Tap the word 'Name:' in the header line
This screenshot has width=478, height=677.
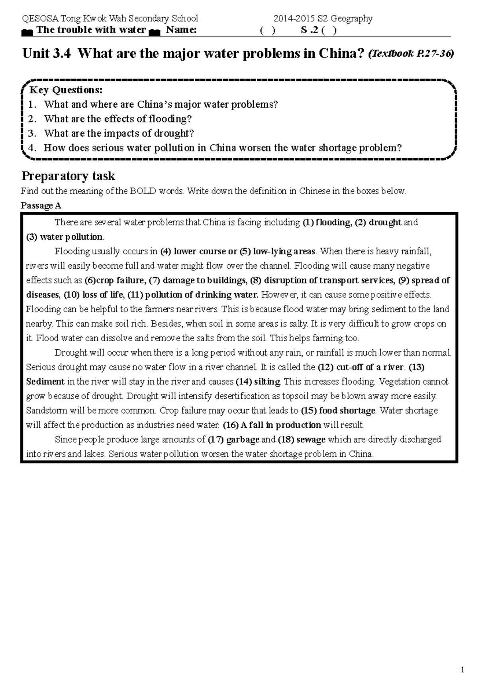[x=181, y=30]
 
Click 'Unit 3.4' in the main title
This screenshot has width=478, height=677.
[x=47, y=53]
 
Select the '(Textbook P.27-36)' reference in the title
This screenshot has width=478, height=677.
[x=411, y=54]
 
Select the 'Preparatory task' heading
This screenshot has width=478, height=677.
[x=68, y=176]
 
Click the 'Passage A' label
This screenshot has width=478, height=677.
[x=41, y=206]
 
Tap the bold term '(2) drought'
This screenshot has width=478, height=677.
[x=378, y=222]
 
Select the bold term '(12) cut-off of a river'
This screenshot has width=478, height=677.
[x=361, y=367]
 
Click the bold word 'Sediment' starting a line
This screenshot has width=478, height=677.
[x=45, y=382]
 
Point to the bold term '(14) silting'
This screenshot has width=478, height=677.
[x=258, y=382]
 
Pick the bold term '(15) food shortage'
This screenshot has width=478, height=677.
[x=338, y=410]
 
